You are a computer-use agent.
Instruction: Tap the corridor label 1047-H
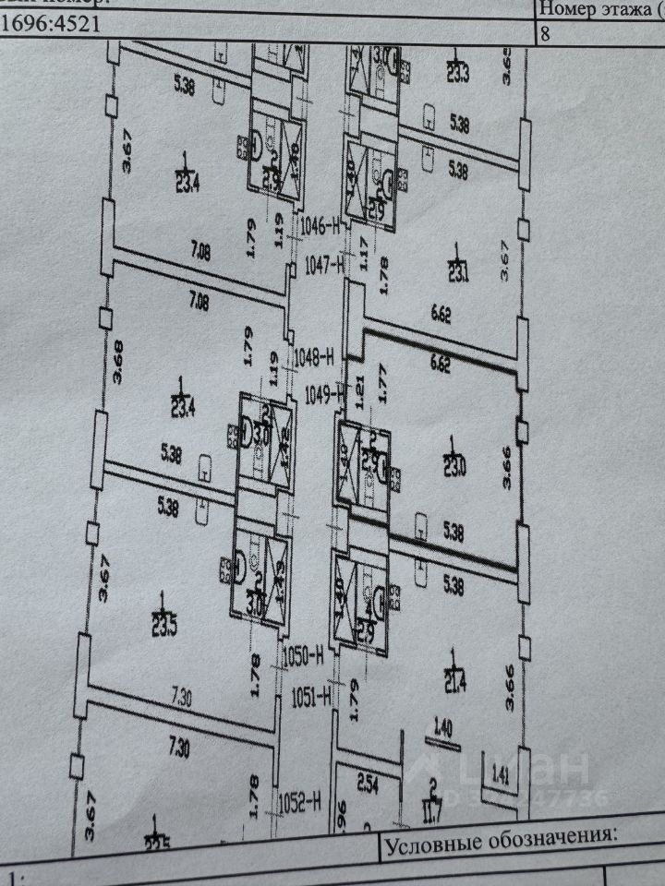tap(323, 267)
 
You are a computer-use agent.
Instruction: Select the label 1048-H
tap(316, 355)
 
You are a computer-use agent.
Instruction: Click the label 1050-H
tap(302, 656)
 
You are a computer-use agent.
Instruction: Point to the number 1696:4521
tap(56, 24)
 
